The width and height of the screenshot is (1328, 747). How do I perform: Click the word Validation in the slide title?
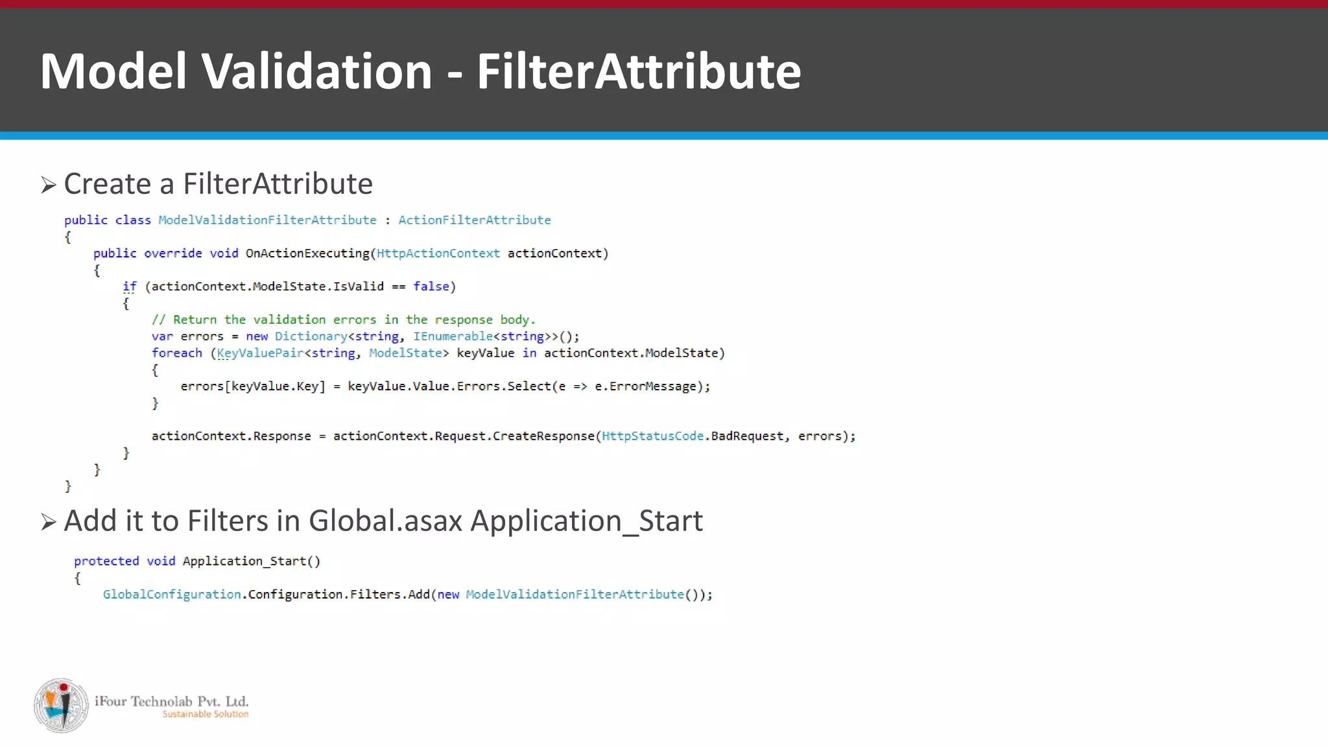coord(317,71)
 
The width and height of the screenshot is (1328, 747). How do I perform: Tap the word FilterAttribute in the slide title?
coord(639,71)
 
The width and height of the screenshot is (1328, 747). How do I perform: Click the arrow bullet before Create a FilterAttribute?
coord(49,185)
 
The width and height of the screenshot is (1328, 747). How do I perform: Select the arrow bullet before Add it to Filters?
coord(49,522)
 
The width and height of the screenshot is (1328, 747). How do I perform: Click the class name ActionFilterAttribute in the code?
coord(474,220)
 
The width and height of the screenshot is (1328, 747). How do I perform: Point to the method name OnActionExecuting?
coord(307,254)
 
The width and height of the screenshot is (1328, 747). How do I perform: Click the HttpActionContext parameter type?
coord(438,254)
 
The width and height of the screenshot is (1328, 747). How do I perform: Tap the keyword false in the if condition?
coord(431,287)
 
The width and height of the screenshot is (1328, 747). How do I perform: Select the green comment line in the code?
coord(344,320)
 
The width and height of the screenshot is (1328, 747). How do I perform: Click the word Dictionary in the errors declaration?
coord(311,337)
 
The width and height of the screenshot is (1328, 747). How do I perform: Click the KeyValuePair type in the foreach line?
coord(260,353)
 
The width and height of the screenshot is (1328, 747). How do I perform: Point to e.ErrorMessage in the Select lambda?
coord(645,386)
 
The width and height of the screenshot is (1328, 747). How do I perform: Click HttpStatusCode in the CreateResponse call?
coord(652,436)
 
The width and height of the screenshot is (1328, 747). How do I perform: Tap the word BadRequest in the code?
coord(747,436)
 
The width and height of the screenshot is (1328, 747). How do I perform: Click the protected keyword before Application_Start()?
coord(106,561)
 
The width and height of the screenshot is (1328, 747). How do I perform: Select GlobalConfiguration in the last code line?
coord(172,595)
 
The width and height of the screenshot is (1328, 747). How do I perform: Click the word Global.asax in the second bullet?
coord(385,521)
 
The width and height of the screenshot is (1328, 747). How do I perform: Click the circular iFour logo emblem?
coord(62,705)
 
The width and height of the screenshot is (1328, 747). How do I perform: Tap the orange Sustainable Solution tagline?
coord(205,715)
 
